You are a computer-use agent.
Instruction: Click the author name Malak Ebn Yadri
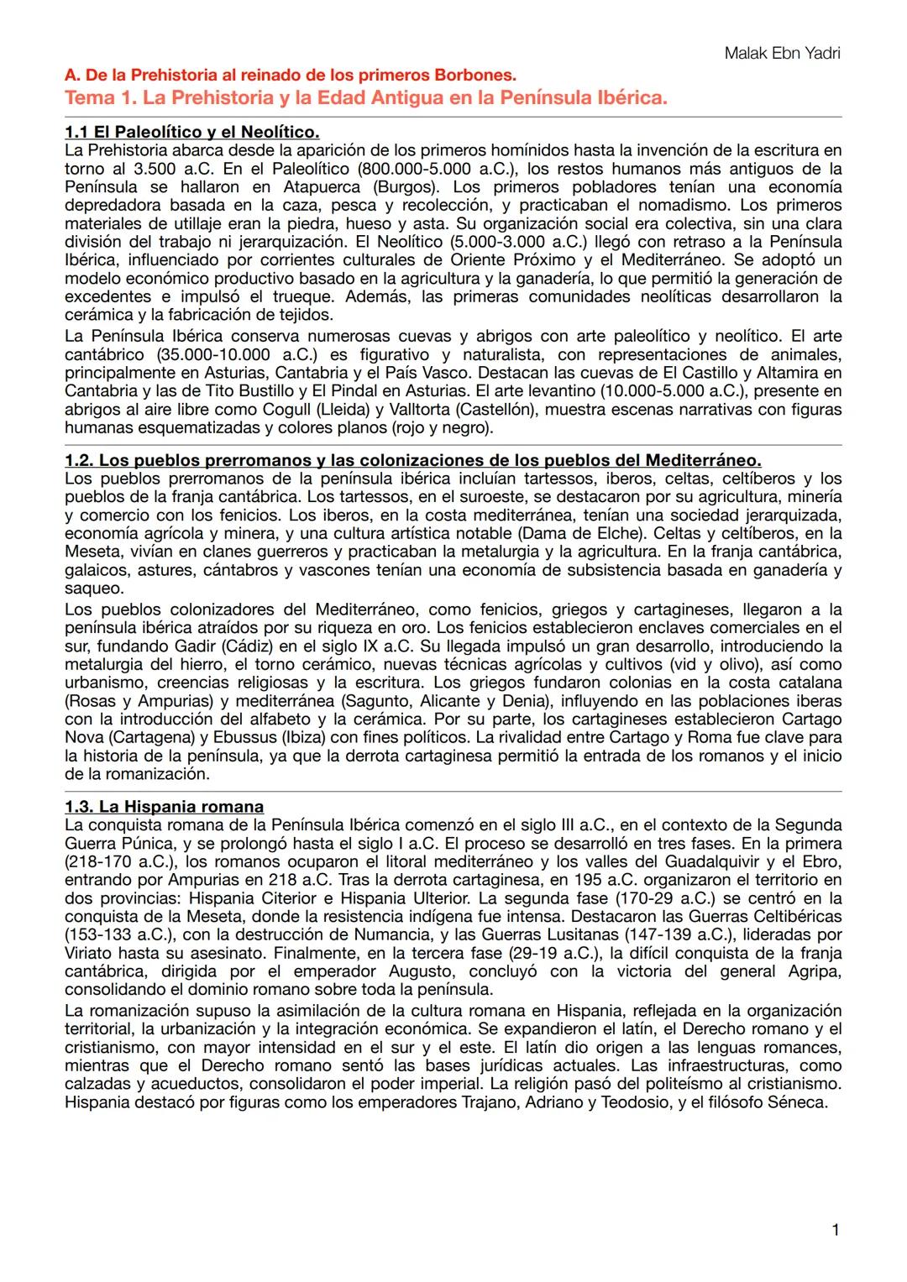[x=781, y=54]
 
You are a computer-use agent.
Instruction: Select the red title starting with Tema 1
[x=365, y=97]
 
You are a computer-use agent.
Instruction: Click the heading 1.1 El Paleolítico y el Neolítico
[x=191, y=132]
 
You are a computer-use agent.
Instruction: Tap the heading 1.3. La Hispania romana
[x=164, y=807]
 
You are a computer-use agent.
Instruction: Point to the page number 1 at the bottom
[x=835, y=1230]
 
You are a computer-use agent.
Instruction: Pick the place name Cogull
[x=306, y=409]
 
